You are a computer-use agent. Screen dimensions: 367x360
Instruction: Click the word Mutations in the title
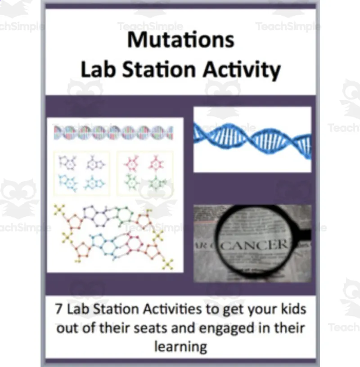point(180,40)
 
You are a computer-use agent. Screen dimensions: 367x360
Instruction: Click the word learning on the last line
point(180,347)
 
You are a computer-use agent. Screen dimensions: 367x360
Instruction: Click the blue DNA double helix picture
point(252,139)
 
